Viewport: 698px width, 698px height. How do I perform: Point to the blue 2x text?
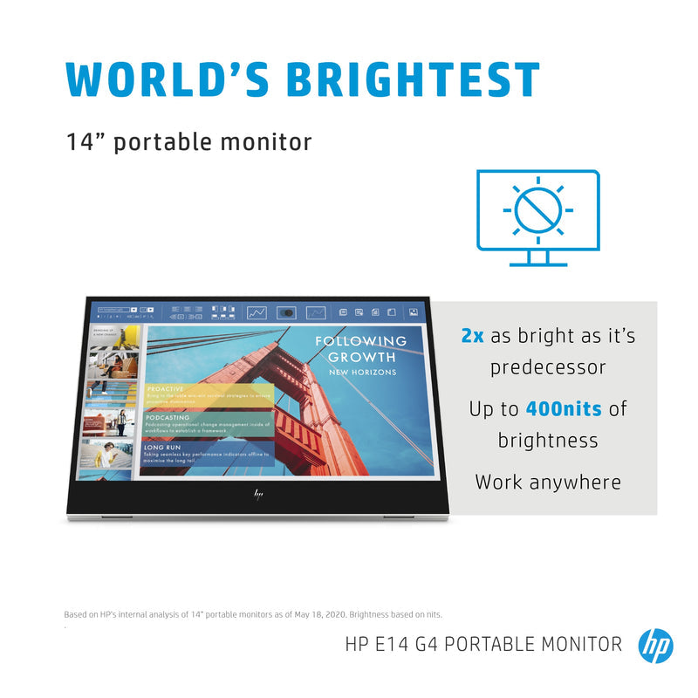pyautogui.click(x=472, y=336)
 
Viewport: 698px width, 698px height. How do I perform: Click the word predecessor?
pyautogui.click(x=548, y=367)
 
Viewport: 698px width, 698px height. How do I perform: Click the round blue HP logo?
pyautogui.click(x=655, y=646)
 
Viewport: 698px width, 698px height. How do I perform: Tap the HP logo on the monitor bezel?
pyautogui.click(x=258, y=494)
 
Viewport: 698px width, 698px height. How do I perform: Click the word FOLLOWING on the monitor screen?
pyautogui.click(x=360, y=341)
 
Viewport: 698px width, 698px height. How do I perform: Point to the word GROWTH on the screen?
pyautogui.click(x=361, y=357)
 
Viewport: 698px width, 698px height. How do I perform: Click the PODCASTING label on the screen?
pyautogui.click(x=168, y=418)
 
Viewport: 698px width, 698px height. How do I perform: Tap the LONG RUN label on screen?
pyautogui.click(x=162, y=447)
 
